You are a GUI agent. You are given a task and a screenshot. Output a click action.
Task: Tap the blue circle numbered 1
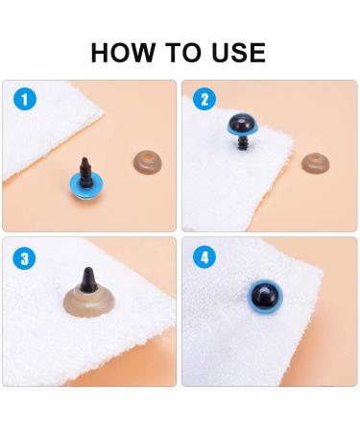pos(25,100)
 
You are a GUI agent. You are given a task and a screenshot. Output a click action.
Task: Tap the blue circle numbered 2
pos(204,100)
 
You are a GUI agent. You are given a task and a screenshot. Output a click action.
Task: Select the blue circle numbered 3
pos(25,258)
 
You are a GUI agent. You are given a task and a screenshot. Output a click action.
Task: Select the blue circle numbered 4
pos(204,257)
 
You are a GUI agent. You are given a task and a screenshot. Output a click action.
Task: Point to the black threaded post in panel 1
pos(85,173)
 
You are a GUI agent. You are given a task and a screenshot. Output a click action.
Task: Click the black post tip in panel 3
pos(88,279)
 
